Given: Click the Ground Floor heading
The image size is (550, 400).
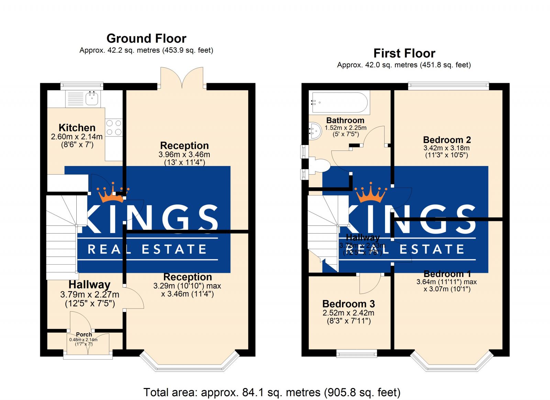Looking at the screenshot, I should [x=146, y=38].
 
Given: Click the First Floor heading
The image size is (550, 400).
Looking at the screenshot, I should [x=404, y=53].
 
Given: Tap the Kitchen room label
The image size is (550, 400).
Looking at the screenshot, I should [x=77, y=127].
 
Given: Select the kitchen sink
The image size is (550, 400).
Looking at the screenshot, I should [x=92, y=98].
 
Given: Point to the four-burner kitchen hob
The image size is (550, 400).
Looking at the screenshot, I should [x=114, y=127].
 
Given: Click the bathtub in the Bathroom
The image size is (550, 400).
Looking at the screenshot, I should [x=339, y=102].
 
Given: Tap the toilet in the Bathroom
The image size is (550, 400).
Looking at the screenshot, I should [x=319, y=165].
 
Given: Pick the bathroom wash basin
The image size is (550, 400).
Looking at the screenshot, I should [x=315, y=131].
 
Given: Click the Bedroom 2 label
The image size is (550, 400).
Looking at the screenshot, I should [x=447, y=140].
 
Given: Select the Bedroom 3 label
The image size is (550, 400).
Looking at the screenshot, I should [x=349, y=304].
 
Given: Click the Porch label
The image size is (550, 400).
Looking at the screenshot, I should [x=84, y=334].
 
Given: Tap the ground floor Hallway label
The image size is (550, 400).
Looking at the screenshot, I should [x=89, y=285].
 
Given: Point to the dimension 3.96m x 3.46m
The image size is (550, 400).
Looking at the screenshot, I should [x=184, y=155].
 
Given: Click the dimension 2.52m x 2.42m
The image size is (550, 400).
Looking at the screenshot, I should [x=349, y=313].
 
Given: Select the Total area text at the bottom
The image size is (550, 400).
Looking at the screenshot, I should [x=272, y=392].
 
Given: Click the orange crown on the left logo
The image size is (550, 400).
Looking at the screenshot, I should [x=113, y=193].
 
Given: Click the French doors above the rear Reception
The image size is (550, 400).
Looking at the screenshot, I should [x=182, y=78].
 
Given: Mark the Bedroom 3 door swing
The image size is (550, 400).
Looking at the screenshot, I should [x=370, y=284].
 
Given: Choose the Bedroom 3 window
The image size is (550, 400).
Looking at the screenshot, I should [x=356, y=353].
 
